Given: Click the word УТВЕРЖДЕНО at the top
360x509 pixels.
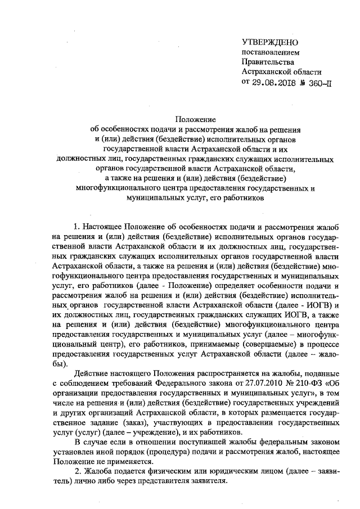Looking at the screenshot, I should pos(270,42).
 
